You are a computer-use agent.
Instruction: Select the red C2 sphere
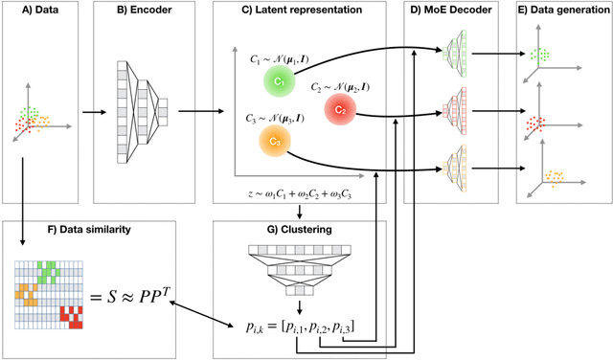(340, 110)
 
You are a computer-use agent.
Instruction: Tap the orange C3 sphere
(273, 142)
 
